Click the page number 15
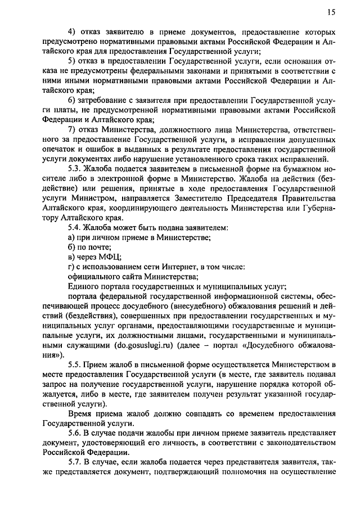point(331,12)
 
